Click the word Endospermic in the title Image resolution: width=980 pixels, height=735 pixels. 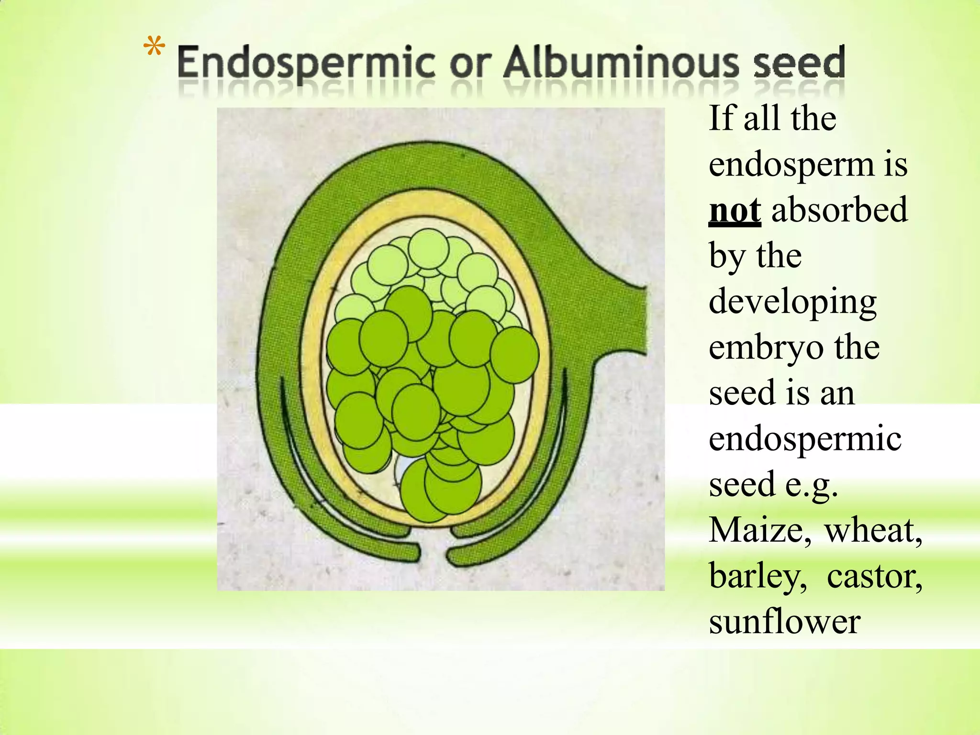[306, 64]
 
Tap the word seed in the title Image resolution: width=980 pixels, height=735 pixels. [799, 64]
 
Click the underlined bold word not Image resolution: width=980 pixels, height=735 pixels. [735, 211]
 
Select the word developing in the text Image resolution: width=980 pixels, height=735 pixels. [792, 303]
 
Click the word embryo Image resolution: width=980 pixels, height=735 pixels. [766, 348]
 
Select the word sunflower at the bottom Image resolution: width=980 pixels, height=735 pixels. [785, 622]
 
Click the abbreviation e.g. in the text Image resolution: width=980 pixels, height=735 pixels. [812, 485]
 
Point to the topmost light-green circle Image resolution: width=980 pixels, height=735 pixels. [429, 249]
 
